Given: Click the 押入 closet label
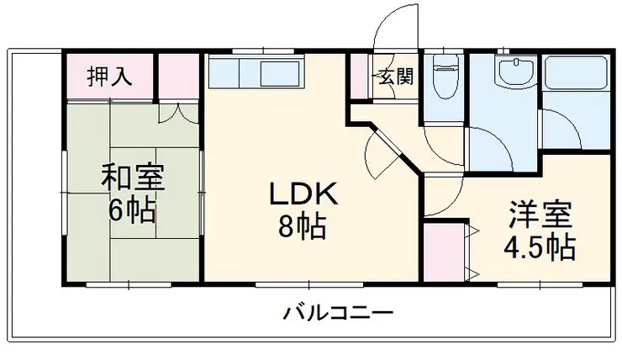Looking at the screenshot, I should coord(111,77).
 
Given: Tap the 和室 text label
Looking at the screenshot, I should coord(133,177).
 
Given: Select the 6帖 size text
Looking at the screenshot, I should coord(133,210).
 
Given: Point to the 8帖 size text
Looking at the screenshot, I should coord(303,227).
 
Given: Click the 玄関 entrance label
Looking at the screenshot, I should coord(395,77).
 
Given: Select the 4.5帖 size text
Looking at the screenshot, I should coord(538,246).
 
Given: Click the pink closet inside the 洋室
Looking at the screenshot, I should coord(444,250).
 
